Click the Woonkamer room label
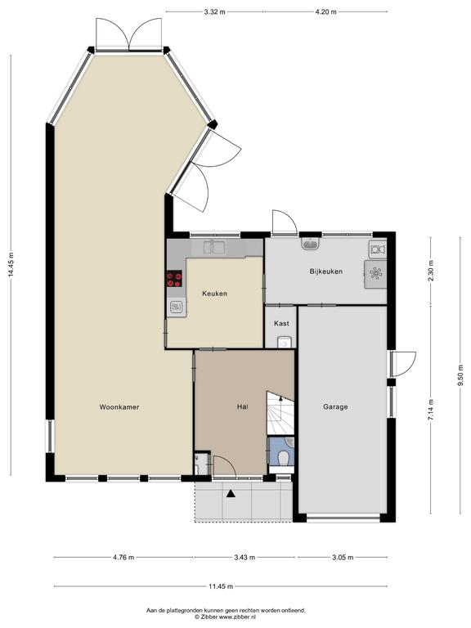point(119,407)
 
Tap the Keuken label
point(215,294)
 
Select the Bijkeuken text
point(326,271)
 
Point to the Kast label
point(281,323)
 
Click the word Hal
point(242,407)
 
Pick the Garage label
point(335,407)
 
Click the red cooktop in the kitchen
point(174,278)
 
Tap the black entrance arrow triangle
point(231,493)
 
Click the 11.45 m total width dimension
point(221,587)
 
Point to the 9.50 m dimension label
point(460,375)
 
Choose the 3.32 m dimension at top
point(215,12)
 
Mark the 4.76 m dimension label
point(123,557)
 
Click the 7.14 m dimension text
point(431,410)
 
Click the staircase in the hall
point(280,413)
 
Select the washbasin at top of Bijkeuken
point(311,243)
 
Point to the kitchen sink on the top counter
point(213,247)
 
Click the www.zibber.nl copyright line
point(226,617)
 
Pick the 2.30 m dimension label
point(431,271)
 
